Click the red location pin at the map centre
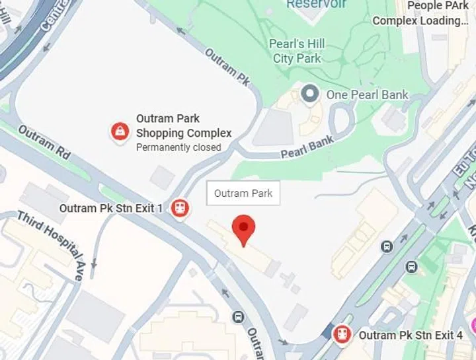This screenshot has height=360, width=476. click(x=245, y=229)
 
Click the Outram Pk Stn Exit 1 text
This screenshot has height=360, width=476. click(x=111, y=209)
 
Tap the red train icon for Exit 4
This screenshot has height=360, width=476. click(x=341, y=335)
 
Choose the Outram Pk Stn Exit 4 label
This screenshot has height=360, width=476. click(x=411, y=336)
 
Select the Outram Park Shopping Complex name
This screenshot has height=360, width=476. click(x=183, y=126)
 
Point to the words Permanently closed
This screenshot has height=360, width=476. click(x=178, y=147)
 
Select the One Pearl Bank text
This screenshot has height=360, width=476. click(x=368, y=95)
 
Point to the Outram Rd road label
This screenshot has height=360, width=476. click(x=44, y=142)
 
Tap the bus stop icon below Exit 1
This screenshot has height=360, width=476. click(x=238, y=317)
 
